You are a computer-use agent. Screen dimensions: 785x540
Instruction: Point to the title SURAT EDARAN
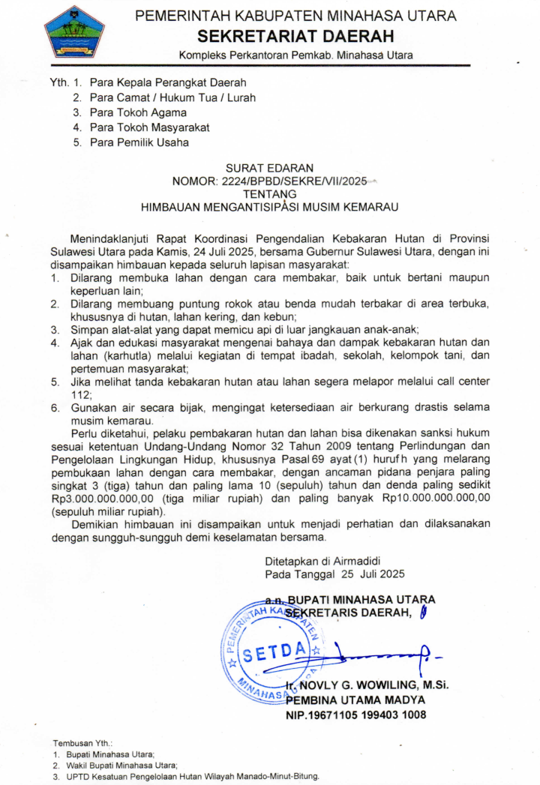click(269, 168)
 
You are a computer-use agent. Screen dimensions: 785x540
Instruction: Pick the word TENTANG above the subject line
click(269, 193)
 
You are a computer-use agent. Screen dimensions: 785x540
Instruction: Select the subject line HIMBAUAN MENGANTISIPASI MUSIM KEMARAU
click(269, 205)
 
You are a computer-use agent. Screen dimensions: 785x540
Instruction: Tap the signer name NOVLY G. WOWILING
click(352, 686)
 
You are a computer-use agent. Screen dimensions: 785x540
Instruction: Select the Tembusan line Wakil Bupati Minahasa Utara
click(120, 766)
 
